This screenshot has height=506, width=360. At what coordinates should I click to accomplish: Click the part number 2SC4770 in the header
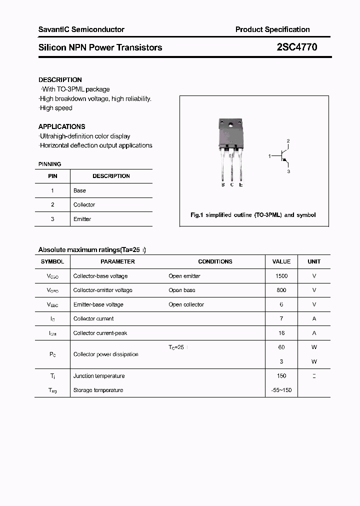[x=296, y=47]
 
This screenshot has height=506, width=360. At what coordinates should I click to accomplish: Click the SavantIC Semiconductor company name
[x=81, y=29]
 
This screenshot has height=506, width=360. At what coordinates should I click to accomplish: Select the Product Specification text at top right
[x=272, y=29]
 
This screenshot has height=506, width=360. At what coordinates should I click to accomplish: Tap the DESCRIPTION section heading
[x=60, y=79]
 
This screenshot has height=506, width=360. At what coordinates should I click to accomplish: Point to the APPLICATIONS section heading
[x=62, y=126]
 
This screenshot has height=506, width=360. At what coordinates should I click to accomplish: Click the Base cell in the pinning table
[x=79, y=190]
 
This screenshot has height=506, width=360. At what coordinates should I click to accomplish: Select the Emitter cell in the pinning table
[x=82, y=219]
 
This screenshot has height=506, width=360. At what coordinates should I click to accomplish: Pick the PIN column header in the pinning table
[x=52, y=176]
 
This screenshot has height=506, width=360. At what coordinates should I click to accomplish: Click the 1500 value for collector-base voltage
[x=281, y=276]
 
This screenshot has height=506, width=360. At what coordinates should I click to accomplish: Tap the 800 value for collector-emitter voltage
[x=281, y=290]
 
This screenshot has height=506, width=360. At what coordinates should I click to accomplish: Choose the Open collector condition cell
[x=186, y=304]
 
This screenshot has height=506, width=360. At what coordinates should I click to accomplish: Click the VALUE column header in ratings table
[x=281, y=261]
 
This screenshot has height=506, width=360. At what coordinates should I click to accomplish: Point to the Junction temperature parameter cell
[x=99, y=376]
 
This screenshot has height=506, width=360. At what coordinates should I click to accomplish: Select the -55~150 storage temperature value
[x=281, y=390]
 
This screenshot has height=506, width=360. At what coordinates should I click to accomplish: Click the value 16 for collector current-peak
[x=281, y=333]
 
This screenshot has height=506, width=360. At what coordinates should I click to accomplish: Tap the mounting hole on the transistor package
[x=231, y=124]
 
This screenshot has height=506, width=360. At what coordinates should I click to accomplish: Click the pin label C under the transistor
[x=232, y=185]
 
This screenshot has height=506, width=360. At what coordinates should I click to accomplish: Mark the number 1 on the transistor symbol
[x=269, y=156]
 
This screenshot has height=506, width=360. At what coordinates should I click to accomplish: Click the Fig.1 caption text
[x=253, y=215]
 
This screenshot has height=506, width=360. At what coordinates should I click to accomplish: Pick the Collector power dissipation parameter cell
[x=106, y=354]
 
